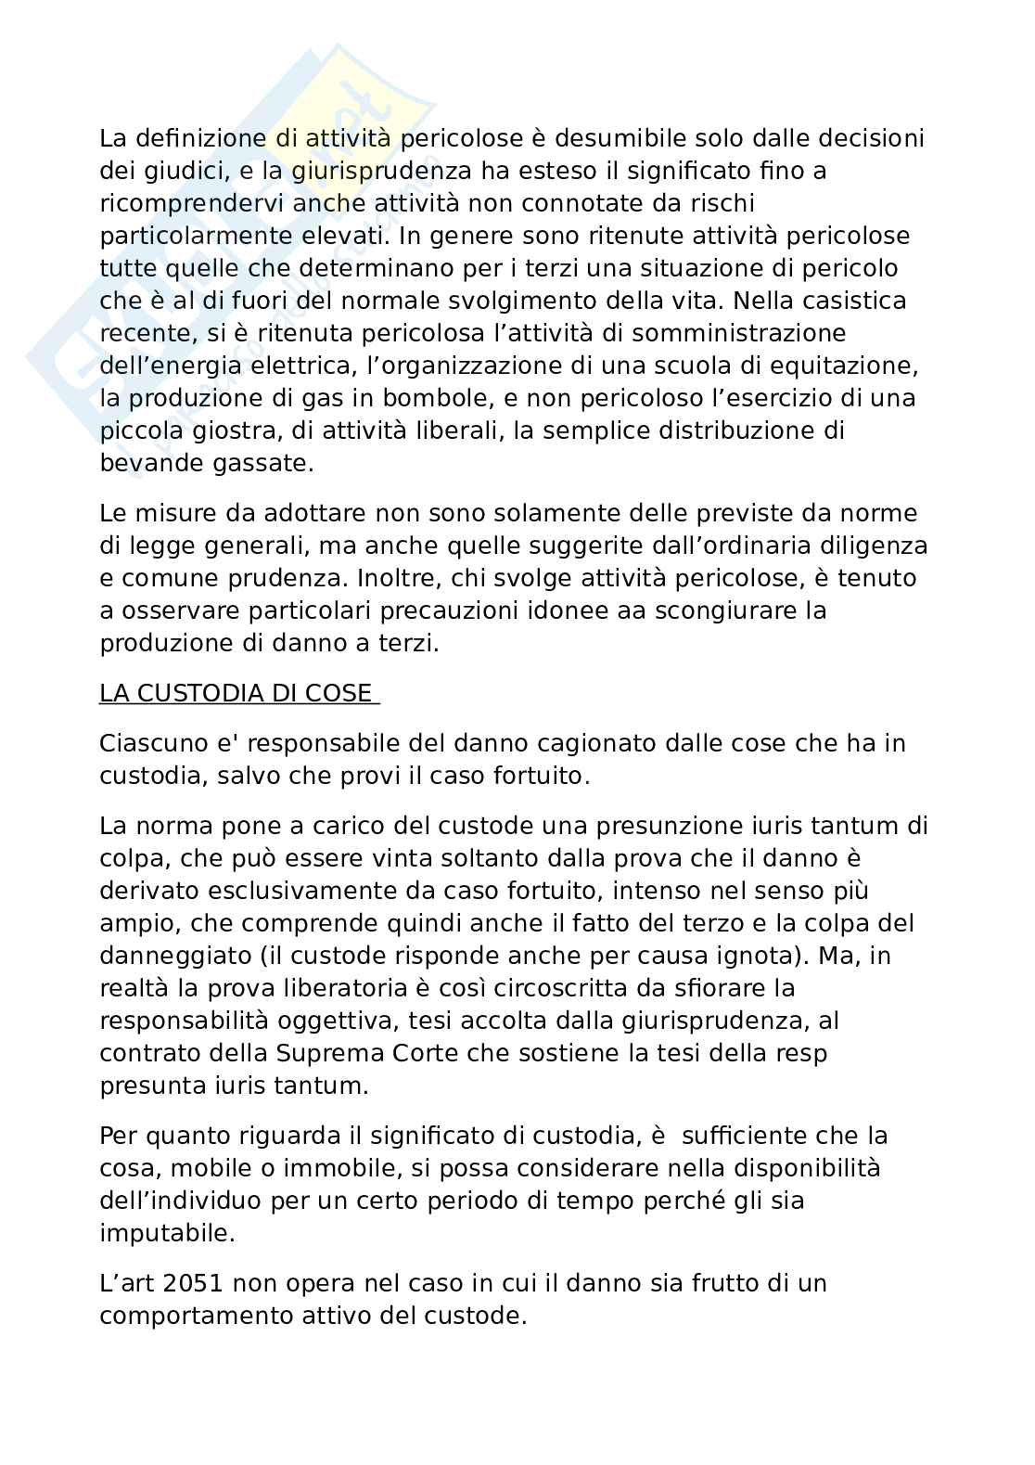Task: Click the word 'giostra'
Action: [x=229, y=431]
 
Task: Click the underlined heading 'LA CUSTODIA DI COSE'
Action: [x=236, y=693]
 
